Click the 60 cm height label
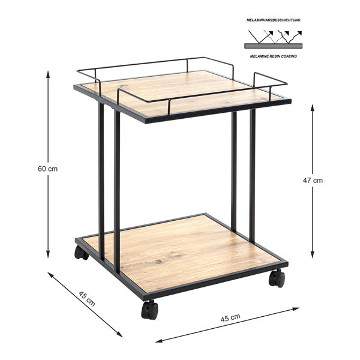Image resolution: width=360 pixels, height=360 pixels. tap(47, 169)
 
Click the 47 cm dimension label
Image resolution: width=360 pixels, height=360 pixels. tap(313, 181)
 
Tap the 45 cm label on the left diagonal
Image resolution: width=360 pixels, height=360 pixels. tap(87, 298)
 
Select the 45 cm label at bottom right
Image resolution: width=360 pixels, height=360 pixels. tap(230, 317)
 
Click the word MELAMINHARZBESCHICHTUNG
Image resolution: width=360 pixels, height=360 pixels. tap(274, 20)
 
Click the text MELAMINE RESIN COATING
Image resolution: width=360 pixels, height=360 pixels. tap(274, 56)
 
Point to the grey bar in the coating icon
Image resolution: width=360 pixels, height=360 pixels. tap(273, 46)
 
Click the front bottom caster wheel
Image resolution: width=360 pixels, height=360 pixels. tap(149, 310)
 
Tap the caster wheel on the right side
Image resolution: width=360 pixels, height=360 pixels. tap(277, 278)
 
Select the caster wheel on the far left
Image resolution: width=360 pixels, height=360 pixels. tap(81, 253)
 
